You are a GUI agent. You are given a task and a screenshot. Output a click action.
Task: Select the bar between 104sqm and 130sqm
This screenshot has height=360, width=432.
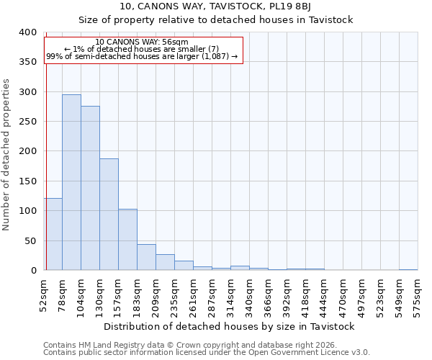tap(90, 188)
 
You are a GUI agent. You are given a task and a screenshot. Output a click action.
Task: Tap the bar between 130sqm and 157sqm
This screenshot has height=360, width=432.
tap(109, 214)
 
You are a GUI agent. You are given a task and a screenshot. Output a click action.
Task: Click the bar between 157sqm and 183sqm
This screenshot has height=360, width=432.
tap(127, 239)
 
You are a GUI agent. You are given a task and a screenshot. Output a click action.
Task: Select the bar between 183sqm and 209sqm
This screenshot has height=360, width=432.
tap(146, 257)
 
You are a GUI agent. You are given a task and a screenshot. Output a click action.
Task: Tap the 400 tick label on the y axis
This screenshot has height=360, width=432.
tap(27, 32)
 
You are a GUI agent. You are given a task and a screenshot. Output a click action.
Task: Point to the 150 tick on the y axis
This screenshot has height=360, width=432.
tap(27, 181)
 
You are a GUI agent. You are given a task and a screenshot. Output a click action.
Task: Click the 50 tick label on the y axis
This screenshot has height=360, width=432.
tap(30, 240)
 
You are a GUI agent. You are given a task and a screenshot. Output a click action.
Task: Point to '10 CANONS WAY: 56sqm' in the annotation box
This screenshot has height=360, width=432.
tap(142, 42)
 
